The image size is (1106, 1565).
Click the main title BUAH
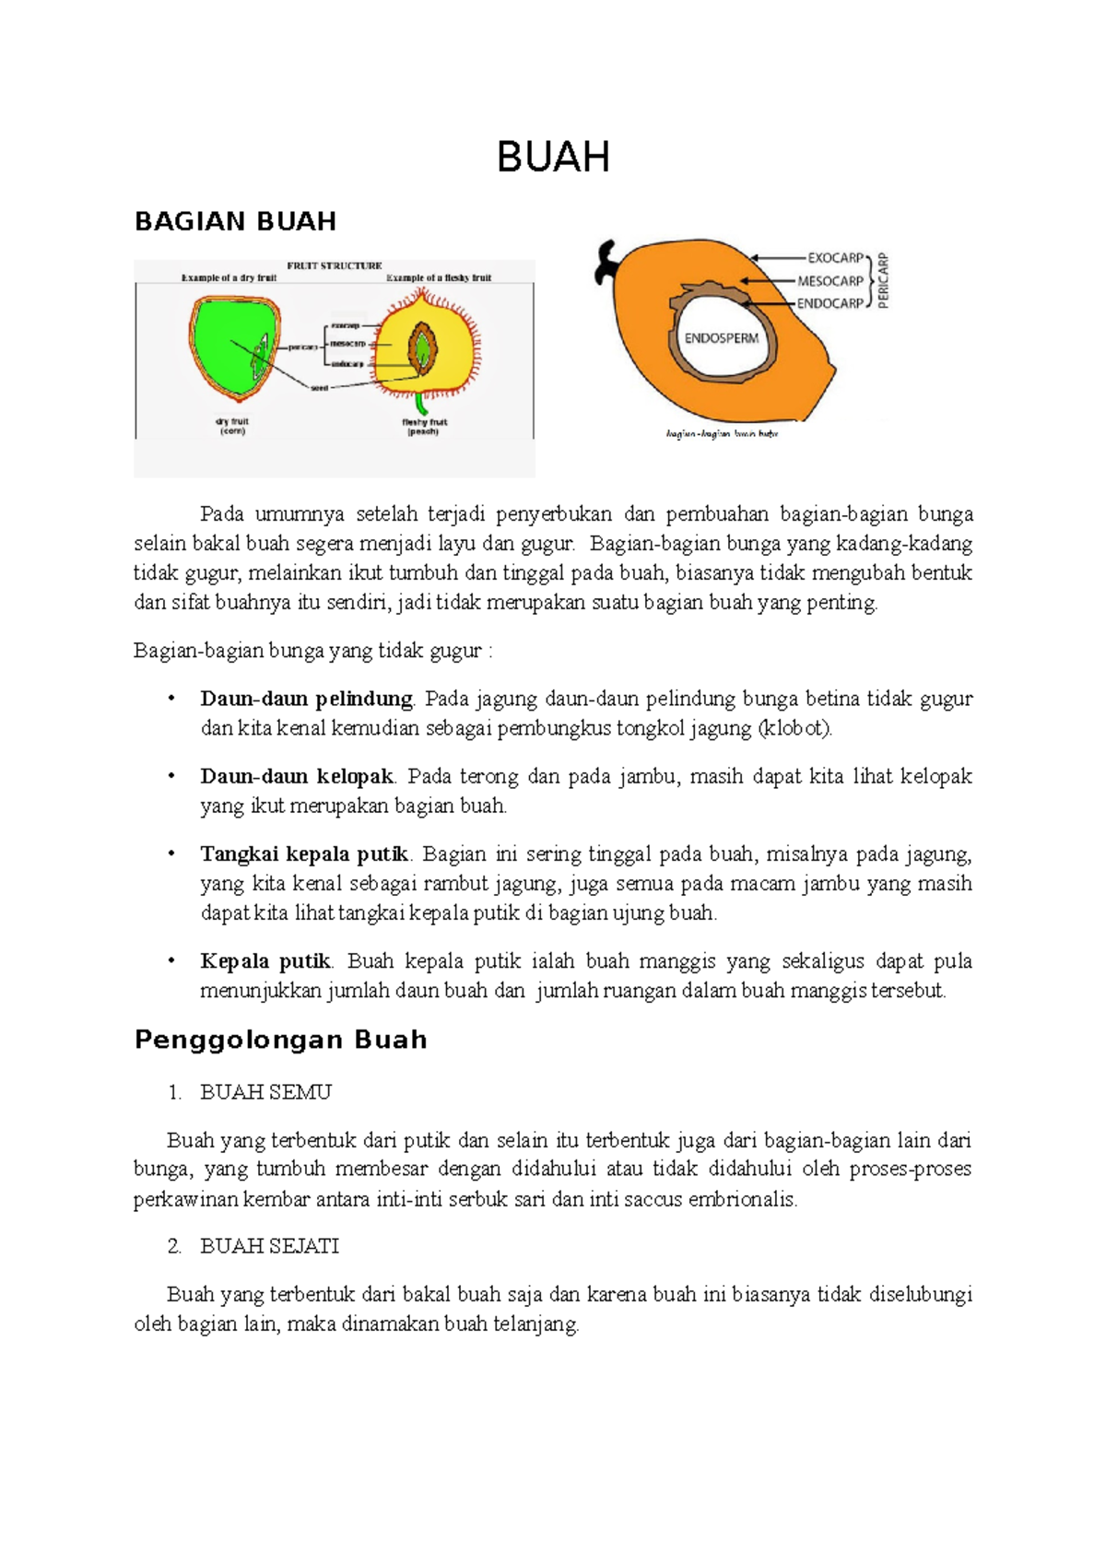[x=553, y=158]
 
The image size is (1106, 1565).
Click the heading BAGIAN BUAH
[x=235, y=221]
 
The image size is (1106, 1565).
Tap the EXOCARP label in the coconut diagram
[x=835, y=258]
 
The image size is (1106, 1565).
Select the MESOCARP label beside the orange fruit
[x=829, y=281]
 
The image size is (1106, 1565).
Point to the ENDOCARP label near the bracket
[x=829, y=303]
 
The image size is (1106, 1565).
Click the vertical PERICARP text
[x=883, y=280]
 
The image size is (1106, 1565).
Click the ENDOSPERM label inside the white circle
[x=721, y=338]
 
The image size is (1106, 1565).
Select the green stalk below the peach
[x=422, y=404]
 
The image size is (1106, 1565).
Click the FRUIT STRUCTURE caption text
[x=334, y=265]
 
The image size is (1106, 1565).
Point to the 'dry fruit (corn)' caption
[x=232, y=426]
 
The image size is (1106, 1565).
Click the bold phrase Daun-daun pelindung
[x=306, y=699]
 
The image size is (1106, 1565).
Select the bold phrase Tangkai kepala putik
[x=304, y=853]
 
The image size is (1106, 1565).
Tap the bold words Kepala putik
[x=265, y=961]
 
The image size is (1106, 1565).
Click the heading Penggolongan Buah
[x=281, y=1040]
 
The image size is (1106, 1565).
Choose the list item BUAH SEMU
[x=265, y=1092]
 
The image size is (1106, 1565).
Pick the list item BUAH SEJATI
[x=269, y=1246]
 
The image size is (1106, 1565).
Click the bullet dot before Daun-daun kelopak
[x=171, y=776]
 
